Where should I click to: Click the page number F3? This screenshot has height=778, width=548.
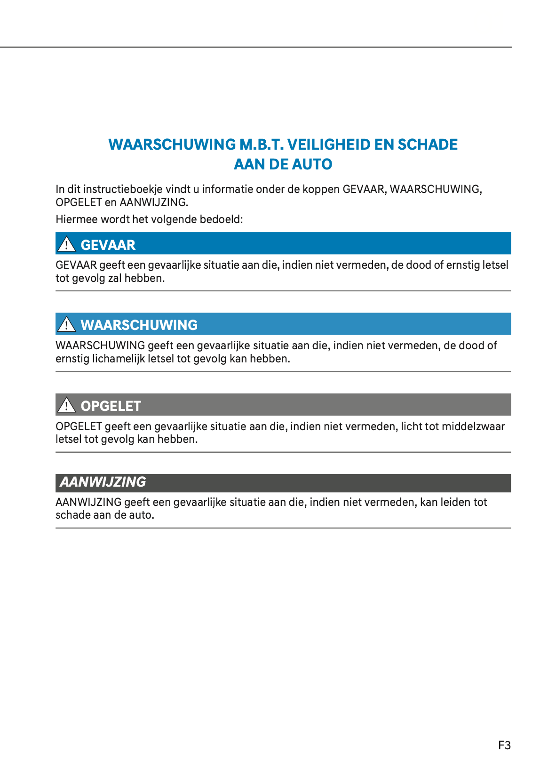click(504, 745)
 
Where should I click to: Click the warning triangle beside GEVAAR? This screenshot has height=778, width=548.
click(66, 244)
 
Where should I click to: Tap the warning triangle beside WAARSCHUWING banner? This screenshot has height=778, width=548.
click(66, 324)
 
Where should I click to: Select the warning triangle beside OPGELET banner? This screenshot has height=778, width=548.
click(66, 405)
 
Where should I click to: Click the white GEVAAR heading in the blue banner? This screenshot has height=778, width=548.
click(108, 245)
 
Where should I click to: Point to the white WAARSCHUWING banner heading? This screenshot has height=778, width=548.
click(139, 325)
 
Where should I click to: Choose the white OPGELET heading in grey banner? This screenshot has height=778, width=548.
click(111, 406)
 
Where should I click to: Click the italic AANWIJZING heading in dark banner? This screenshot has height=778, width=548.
click(103, 482)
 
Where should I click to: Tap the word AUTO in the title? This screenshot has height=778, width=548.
click(312, 164)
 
